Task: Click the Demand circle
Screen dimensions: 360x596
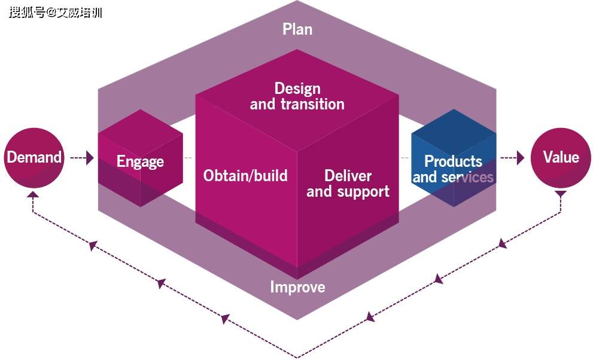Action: point(34,158)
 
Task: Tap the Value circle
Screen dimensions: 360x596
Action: point(561,158)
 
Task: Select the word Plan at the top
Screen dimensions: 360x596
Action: point(297,29)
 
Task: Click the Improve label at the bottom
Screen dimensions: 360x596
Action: point(297,287)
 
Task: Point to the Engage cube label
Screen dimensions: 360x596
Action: point(140,161)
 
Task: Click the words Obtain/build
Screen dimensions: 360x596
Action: point(245,176)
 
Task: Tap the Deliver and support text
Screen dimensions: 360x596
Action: point(348,184)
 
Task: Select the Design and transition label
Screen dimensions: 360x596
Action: point(297,96)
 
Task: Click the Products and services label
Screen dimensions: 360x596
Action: point(453,169)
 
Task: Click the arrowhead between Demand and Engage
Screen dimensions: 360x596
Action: point(90,158)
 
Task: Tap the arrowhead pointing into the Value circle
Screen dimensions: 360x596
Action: point(520,158)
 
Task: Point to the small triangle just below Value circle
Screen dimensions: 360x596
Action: point(561,195)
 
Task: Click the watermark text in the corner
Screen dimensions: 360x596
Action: point(55,12)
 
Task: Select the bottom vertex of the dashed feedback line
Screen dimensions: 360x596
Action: point(297,356)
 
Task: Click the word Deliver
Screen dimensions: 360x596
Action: point(348,176)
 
